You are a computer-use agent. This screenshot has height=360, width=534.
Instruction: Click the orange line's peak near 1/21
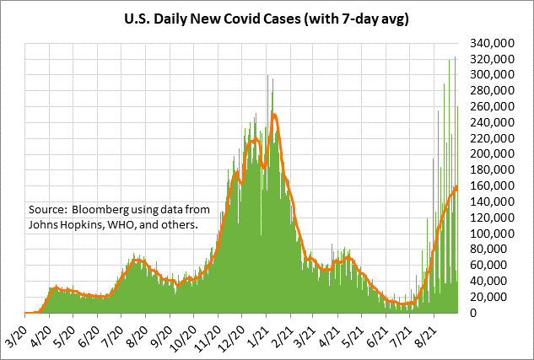pos(274,115)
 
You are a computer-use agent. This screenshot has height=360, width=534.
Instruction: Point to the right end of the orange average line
pos(456,186)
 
